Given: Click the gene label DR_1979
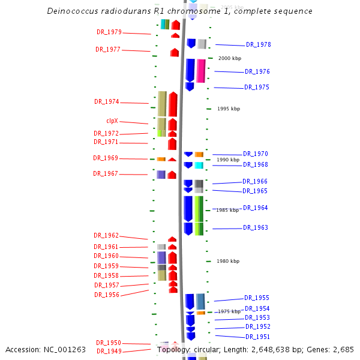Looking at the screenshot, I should point(109,32).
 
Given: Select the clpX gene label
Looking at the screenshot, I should point(112,121).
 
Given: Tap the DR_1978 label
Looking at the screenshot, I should point(258,45).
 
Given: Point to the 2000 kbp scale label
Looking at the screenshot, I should point(229,58).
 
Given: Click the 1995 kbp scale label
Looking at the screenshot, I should point(228,109).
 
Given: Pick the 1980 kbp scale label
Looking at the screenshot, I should point(228,261).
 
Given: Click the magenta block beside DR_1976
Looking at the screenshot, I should point(201,71).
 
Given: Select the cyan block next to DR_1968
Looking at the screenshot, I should point(199,165).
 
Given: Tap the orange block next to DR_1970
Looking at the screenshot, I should point(199,155).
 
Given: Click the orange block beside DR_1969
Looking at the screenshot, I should point(161,159).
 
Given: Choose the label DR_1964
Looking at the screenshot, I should point(255,208).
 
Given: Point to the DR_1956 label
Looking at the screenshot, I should point(106,295).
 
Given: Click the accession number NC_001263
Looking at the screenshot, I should point(66,349).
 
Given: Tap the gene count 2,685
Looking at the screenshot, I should point(342,349).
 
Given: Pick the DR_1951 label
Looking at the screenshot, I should point(257,337).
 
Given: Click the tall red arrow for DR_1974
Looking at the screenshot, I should point(173,104).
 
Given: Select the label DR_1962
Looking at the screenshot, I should point(106,236).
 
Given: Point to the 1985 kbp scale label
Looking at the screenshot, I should point(228,211).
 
